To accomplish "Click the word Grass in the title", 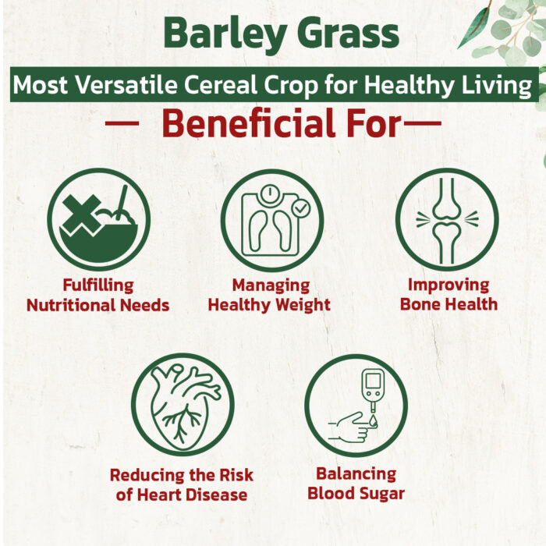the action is click(x=348, y=33).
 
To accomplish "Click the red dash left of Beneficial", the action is click(x=122, y=122).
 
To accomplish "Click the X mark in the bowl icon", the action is click(x=82, y=215).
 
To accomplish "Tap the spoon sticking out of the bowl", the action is click(x=122, y=202).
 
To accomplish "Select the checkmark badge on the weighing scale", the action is click(x=301, y=208).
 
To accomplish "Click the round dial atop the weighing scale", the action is click(x=270, y=193).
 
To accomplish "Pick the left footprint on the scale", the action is click(x=258, y=231).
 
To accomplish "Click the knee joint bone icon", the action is click(x=447, y=221).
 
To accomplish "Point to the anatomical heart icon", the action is click(x=183, y=406).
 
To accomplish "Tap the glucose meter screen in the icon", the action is click(x=373, y=381).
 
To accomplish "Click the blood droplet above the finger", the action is click(x=374, y=420).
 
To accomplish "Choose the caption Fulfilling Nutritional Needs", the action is click(x=97, y=296).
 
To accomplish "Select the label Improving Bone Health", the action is click(x=448, y=295).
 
